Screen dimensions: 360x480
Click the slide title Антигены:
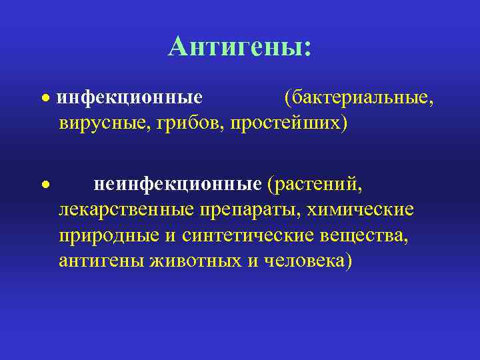239,47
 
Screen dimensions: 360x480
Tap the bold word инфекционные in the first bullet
129,98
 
